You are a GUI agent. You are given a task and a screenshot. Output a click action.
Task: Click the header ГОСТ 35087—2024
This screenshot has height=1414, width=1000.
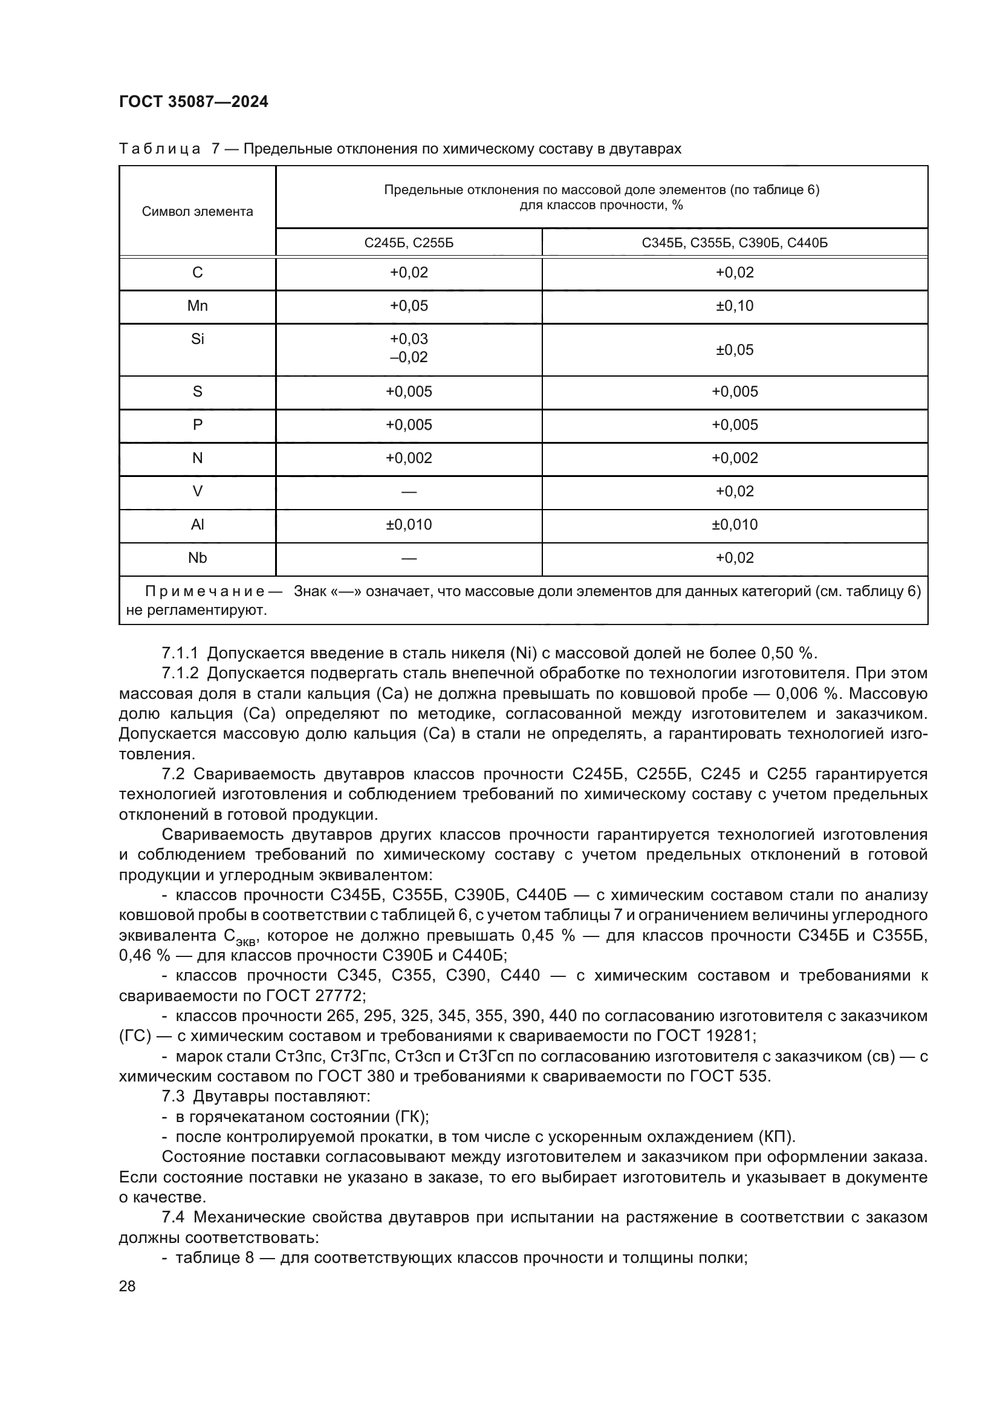(193, 102)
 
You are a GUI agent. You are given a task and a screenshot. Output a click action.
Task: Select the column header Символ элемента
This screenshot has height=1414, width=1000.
(197, 212)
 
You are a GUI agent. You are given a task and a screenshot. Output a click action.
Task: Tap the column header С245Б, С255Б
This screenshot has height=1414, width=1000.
(408, 243)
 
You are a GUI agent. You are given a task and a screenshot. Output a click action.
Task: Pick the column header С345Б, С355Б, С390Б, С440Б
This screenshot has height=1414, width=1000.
(735, 243)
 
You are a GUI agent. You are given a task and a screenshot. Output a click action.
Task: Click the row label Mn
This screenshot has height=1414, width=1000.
(197, 306)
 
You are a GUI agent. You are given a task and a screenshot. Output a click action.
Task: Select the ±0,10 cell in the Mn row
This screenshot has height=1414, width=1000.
(735, 306)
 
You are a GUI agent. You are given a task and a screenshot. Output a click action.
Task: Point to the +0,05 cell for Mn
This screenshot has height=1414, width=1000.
(408, 306)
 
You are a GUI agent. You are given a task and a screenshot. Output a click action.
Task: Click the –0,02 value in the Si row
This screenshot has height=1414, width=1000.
(408, 358)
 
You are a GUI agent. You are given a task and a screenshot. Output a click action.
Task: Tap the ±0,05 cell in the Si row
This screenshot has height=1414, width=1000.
(735, 350)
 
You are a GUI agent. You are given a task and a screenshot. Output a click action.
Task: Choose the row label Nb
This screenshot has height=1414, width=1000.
(197, 558)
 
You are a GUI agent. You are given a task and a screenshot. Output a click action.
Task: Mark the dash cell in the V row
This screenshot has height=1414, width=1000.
(408, 491)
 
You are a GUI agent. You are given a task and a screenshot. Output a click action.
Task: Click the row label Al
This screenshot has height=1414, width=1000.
(197, 525)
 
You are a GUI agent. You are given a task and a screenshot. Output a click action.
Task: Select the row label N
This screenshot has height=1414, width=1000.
(197, 458)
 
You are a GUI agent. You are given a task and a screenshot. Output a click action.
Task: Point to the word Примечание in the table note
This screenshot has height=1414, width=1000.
(204, 592)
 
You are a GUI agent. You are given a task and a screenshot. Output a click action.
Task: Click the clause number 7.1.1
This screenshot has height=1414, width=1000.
(180, 653)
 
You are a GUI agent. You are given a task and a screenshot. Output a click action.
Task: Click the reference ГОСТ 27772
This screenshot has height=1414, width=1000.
(316, 996)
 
